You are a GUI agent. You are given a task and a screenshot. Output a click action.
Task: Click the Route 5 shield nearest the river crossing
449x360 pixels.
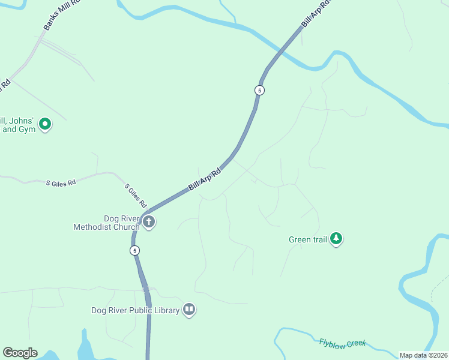tap(259, 90)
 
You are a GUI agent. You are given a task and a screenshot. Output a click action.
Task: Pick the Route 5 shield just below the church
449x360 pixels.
tap(135, 250)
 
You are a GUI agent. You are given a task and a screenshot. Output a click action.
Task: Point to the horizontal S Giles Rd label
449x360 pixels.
tap(61, 182)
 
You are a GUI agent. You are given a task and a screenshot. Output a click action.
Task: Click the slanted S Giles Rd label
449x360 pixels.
tap(136, 196)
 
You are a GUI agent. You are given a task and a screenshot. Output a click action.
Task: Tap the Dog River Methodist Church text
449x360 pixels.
tap(106, 223)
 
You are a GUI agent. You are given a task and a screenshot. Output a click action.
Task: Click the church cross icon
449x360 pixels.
tap(149, 223)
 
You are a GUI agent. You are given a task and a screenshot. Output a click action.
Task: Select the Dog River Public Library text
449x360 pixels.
tap(135, 310)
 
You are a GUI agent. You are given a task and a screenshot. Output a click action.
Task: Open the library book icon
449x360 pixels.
tap(189, 310)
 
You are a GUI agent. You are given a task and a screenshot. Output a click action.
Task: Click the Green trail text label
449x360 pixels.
tap(307, 240)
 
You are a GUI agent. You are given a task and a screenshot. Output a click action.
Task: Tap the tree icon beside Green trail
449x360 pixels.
tap(337, 239)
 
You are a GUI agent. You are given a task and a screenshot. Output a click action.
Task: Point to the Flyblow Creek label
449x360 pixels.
tap(342, 343)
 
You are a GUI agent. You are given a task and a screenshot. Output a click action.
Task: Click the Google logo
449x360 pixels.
tap(20, 353)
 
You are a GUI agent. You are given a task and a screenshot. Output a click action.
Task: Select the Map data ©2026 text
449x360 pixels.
tap(423, 355)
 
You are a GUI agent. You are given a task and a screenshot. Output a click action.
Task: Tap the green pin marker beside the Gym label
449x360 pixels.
tap(45, 124)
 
